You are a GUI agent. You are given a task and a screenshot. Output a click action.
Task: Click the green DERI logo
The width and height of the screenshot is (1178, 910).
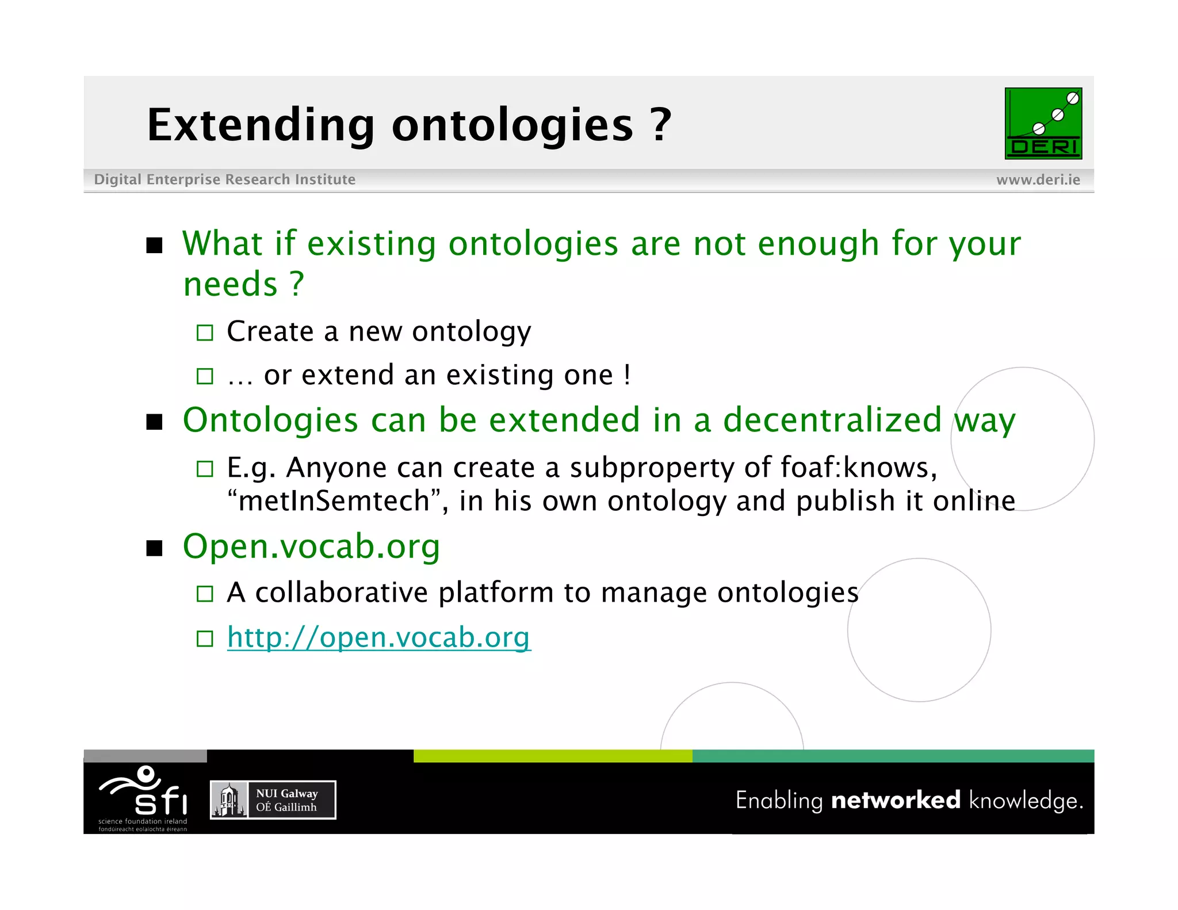click(1043, 123)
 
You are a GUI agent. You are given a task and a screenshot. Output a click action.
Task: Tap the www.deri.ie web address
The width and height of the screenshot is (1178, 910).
click(1038, 179)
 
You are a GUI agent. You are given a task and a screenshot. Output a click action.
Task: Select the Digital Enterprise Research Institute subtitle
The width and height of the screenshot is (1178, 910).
click(224, 179)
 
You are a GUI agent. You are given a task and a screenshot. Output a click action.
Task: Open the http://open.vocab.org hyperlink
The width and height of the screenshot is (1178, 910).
click(378, 637)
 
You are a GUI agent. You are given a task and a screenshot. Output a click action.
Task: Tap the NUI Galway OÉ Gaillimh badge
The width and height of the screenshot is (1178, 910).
click(273, 800)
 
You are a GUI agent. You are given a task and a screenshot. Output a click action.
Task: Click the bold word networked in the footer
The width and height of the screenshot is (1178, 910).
click(896, 800)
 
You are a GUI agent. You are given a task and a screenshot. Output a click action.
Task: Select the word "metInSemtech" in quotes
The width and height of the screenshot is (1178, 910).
click(334, 500)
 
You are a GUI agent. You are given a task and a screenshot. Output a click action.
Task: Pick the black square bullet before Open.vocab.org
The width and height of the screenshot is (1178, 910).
click(154, 548)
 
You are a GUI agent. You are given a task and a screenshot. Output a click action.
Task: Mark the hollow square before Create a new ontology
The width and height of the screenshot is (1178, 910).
click(205, 332)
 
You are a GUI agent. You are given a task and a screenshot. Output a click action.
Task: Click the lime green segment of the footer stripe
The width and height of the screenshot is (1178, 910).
click(552, 756)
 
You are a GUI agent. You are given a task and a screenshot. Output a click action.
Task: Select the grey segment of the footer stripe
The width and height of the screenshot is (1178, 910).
click(145, 756)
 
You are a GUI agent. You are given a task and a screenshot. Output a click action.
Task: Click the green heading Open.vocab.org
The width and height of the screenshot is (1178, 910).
click(311, 546)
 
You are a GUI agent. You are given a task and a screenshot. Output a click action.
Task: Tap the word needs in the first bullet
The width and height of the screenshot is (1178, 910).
click(230, 284)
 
